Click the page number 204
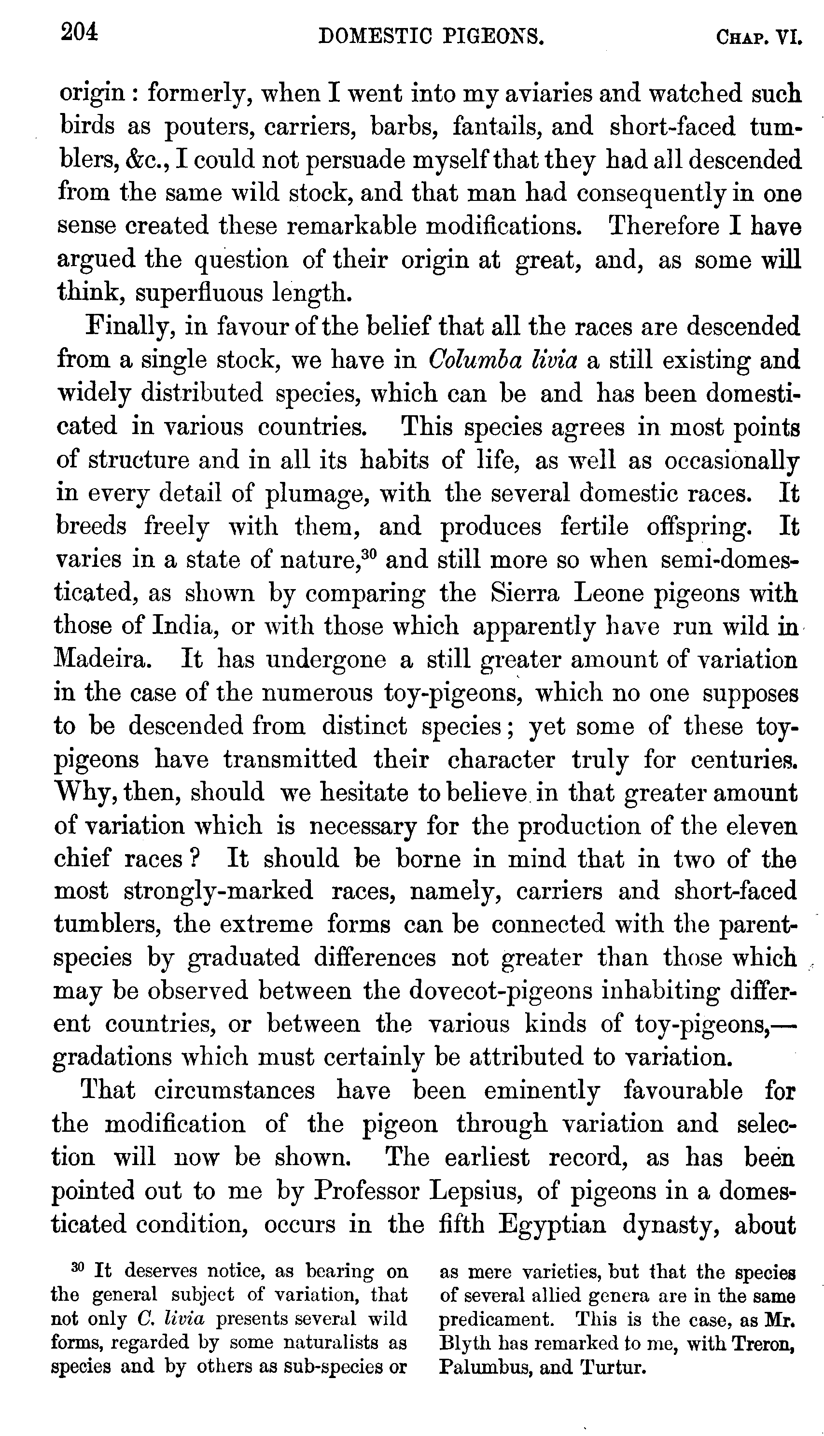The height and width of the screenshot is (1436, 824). tap(79, 33)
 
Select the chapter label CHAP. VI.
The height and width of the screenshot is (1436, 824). tap(759, 37)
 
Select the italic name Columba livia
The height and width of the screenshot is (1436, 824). tap(503, 360)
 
